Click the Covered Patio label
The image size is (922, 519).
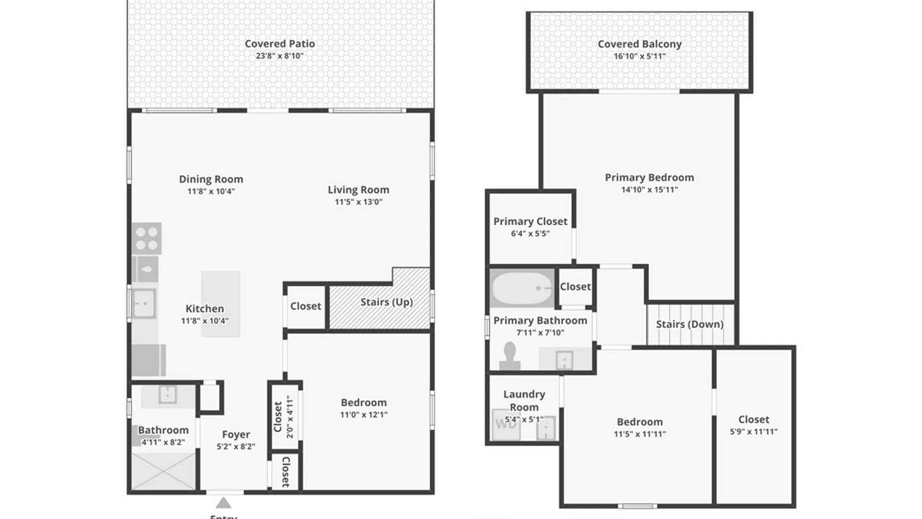pyautogui.click(x=279, y=44)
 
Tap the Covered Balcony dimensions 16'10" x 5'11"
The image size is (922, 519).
pyautogui.click(x=640, y=56)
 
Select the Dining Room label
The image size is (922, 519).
pyautogui.click(x=211, y=179)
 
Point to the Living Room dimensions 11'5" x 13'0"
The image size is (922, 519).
pyautogui.click(x=359, y=202)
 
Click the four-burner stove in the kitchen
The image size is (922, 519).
pyautogui.click(x=146, y=238)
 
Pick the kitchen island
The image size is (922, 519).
pyautogui.click(x=220, y=304)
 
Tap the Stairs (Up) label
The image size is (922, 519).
pyautogui.click(x=386, y=302)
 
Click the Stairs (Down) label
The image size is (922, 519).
pyautogui.click(x=690, y=324)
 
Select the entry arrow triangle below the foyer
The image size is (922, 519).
pyautogui.click(x=223, y=503)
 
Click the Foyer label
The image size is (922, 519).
pyautogui.click(x=236, y=434)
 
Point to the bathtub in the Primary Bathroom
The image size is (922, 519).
pyautogui.click(x=522, y=288)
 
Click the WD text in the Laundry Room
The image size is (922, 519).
pyautogui.click(x=506, y=424)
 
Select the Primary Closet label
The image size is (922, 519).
pyautogui.click(x=530, y=222)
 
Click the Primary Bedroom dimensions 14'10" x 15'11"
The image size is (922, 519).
pyautogui.click(x=649, y=190)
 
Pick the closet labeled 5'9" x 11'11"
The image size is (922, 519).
pyautogui.click(x=753, y=425)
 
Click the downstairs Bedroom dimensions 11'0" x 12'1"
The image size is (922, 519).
pyautogui.click(x=364, y=415)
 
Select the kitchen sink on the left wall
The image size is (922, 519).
pyautogui.click(x=144, y=304)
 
